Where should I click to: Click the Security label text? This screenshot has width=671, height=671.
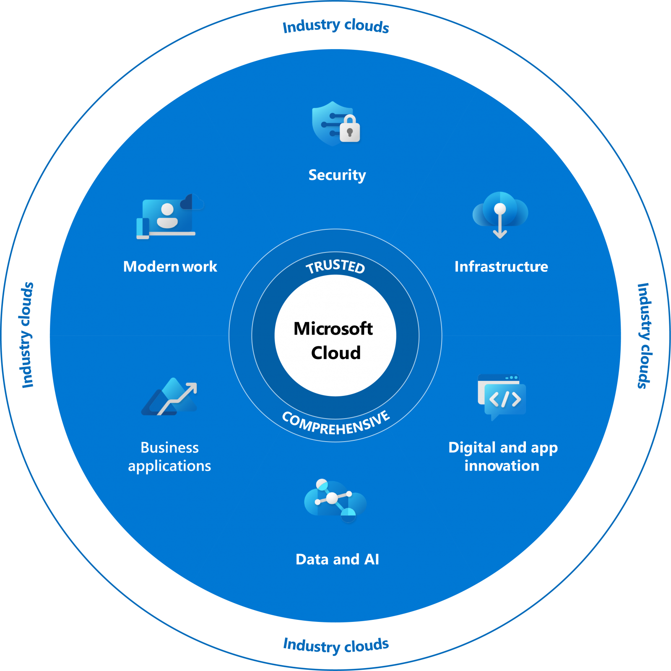[x=337, y=175]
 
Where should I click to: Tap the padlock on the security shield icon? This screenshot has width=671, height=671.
[x=349, y=130]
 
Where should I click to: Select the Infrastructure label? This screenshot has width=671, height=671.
[x=501, y=267]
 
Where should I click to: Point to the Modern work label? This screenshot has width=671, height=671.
[x=170, y=267]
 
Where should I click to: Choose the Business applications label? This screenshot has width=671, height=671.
[x=169, y=457]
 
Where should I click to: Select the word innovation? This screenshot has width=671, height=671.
[x=502, y=466]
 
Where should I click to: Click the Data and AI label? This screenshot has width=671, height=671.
[x=337, y=559]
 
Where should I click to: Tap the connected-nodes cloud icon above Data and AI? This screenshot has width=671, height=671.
[x=335, y=500]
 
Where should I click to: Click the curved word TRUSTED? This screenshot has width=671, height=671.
[x=335, y=266]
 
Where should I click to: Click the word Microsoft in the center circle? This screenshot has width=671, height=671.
[x=333, y=329]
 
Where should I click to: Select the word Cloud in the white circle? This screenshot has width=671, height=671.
[x=335, y=353]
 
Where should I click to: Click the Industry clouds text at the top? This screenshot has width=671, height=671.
[x=335, y=26]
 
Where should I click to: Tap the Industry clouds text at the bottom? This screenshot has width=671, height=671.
[x=335, y=645]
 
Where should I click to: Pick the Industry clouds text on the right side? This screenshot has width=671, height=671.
[x=644, y=335]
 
